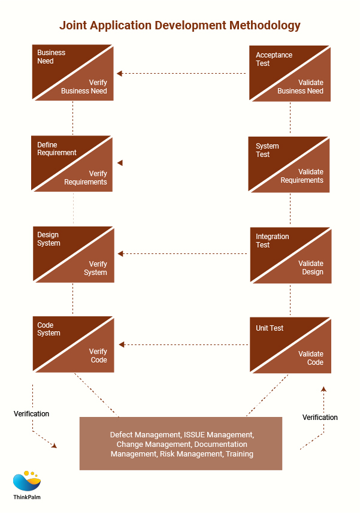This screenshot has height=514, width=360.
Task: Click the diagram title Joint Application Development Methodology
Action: coord(180,26)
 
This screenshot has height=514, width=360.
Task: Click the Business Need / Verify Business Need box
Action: coord(72,72)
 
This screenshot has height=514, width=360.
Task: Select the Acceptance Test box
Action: coord(290,73)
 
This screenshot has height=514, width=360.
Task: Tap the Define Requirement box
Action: coord(72,163)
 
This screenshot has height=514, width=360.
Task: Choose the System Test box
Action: coord(290,164)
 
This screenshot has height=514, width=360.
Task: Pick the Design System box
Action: coord(72,254)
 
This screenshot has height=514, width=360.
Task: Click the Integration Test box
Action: coord(290,255)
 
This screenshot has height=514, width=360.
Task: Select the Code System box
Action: coord(72,344)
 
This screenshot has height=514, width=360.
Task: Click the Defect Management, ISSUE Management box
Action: coord(181,443)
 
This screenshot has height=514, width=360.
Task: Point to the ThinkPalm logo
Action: coord(27,485)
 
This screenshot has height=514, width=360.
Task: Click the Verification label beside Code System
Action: coord(32,413)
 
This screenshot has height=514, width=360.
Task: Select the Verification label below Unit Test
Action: coord(320,417)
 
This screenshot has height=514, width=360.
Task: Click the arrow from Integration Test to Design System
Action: coord(183,254)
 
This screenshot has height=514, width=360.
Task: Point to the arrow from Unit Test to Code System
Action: coord(183,344)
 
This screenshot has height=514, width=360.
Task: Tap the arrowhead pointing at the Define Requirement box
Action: coord(120,163)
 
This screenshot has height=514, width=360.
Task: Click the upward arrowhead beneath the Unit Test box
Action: coord(323,389)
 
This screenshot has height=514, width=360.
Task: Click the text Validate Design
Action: coord(311,268)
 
